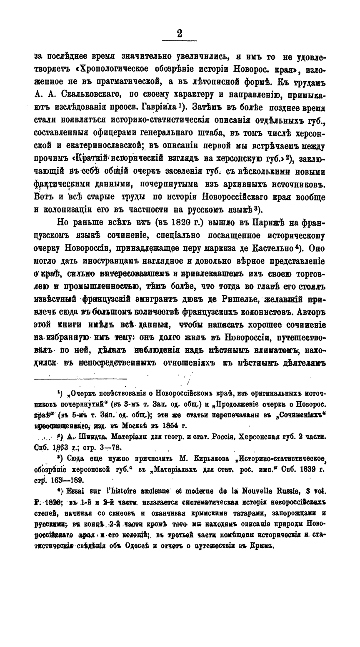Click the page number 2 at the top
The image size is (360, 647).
pyautogui.click(x=180, y=34)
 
